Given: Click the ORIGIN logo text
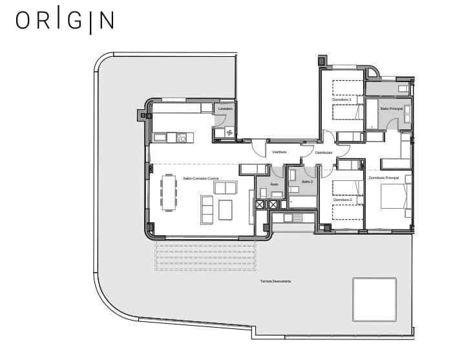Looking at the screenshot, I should click(65, 20).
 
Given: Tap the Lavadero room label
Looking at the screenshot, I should click(225, 109).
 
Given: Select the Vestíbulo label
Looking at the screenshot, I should click(279, 152).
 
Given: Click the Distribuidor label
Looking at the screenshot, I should click(324, 153).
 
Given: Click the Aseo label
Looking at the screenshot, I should click(274, 185).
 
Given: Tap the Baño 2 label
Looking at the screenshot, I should click(307, 182).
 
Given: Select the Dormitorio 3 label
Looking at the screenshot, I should click(342, 100).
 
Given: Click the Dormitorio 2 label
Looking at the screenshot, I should click(343, 200).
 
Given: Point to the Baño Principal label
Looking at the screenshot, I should click(392, 109).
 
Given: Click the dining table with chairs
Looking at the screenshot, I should click(169, 193).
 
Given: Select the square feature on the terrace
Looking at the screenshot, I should click(374, 299).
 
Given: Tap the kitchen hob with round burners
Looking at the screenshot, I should click(182, 137).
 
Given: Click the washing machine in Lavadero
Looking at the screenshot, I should click(229, 132).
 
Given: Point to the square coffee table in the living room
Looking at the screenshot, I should click(225, 209).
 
